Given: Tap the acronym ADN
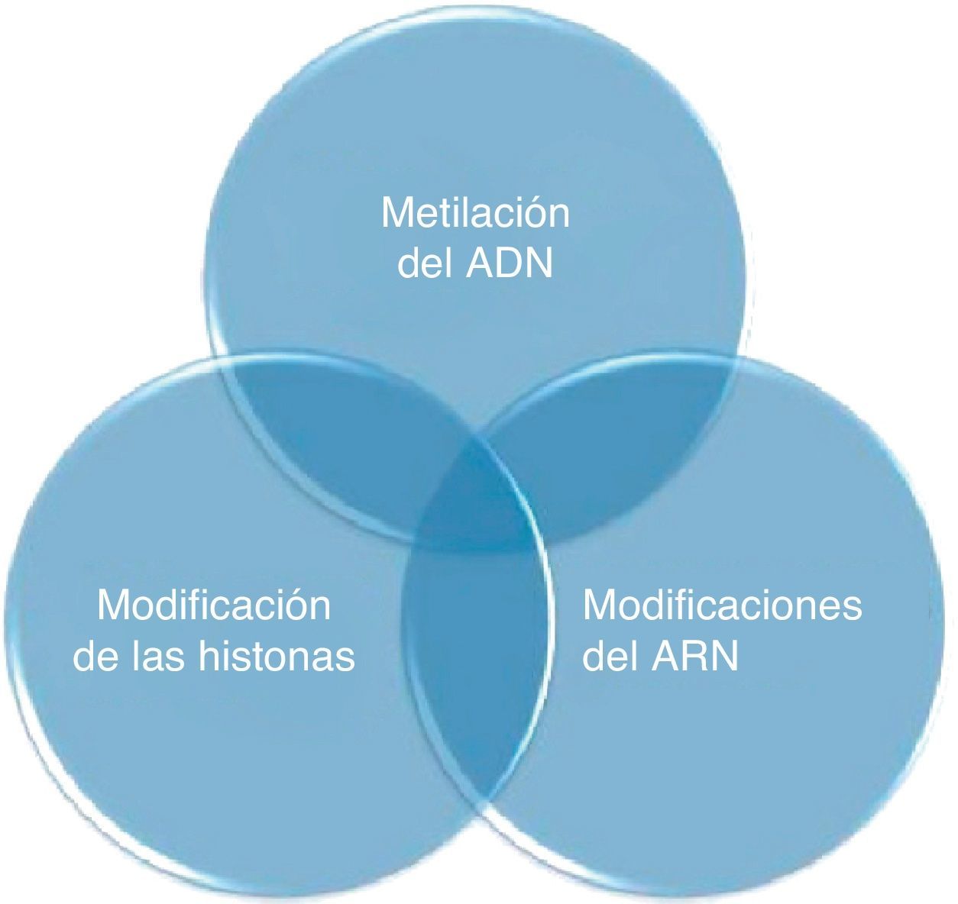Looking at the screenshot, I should (x=508, y=264).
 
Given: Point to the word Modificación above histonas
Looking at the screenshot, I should (x=214, y=605).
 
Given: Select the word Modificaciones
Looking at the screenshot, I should (x=722, y=605).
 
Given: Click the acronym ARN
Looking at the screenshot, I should (x=695, y=656).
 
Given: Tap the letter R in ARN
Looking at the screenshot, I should (x=695, y=656).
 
